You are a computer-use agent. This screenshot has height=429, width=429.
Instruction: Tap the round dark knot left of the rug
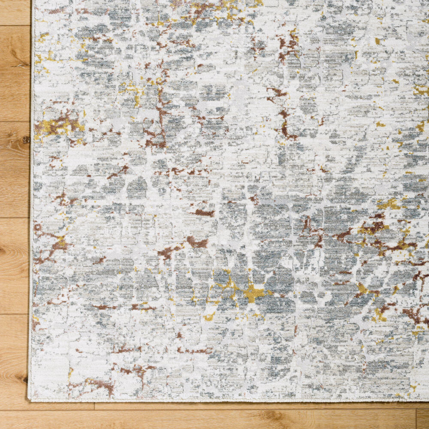coord(25,139)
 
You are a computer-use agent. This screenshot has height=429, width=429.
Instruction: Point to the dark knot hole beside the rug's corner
coord(23,379)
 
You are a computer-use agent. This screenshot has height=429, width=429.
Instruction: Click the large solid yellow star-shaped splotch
coord(254,293)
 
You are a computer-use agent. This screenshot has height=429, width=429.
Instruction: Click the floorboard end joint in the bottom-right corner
coord(416,419)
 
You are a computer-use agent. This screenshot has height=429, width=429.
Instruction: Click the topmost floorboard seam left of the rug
coord(15,25)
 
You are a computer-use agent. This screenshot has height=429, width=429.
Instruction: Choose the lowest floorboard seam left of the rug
coord(15,314)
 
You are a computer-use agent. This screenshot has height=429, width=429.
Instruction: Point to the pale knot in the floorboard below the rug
coord(270,415)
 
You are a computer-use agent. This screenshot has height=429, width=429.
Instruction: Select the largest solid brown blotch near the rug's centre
coord(197,243)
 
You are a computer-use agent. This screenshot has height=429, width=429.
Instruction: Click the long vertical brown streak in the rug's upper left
coord(161,107)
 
